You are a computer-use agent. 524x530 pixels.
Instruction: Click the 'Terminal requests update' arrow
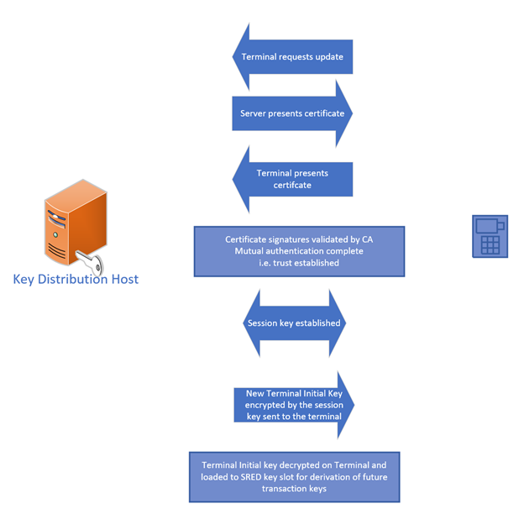click(291, 57)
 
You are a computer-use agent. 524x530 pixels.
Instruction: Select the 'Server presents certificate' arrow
click(291, 113)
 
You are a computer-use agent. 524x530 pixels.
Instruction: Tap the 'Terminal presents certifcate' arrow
click(291, 179)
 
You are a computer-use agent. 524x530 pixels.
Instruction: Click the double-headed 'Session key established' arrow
click(294, 323)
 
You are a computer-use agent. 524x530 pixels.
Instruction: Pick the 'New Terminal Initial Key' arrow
click(293, 405)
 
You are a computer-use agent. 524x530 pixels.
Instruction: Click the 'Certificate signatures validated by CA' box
click(299, 251)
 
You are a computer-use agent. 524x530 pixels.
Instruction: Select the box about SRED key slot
click(294, 476)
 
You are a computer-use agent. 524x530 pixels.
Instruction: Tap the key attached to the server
click(91, 264)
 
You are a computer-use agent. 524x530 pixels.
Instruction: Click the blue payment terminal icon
click(490, 235)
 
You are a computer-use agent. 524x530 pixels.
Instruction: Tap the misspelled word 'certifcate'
click(293, 185)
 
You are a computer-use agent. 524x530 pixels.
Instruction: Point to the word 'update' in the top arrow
click(327, 57)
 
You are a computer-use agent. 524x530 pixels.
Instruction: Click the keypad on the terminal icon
click(490, 244)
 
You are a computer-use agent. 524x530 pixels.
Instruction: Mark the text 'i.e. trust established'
click(299, 263)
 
